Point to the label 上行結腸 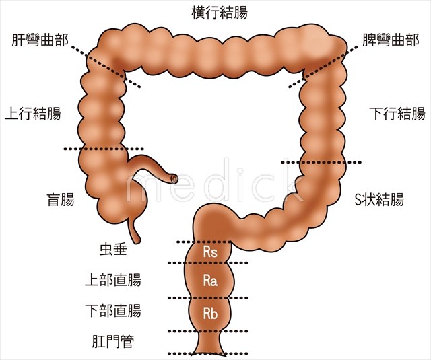click(33, 113)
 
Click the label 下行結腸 click(397, 113)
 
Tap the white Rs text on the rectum click(210, 252)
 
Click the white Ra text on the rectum click(210, 281)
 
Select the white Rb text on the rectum click(210, 312)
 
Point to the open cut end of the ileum click(175, 178)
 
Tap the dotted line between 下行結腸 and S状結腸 click(321, 162)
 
